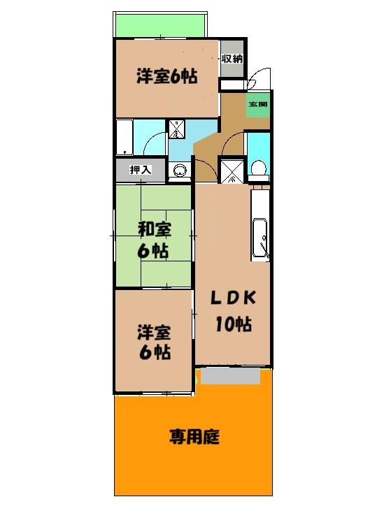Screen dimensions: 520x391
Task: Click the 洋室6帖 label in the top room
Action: coord(166,76)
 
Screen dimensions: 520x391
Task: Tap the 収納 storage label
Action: coord(232,59)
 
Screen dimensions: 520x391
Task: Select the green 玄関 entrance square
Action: coord(257,106)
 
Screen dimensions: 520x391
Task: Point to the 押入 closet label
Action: coord(141,169)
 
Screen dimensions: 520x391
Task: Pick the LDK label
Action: coord(234,298)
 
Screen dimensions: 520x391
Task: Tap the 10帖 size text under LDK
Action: coord(234,324)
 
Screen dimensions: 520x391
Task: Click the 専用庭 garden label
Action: coord(194,438)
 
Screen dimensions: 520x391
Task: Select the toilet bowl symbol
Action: coord(258,168)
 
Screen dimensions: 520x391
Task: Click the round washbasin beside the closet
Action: coord(179,171)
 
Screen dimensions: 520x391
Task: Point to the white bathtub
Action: coord(125,137)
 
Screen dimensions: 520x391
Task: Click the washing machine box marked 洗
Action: coord(176,129)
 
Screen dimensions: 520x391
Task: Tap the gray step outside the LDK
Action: coord(230,376)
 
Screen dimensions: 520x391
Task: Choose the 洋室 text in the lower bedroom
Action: coord(153,331)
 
